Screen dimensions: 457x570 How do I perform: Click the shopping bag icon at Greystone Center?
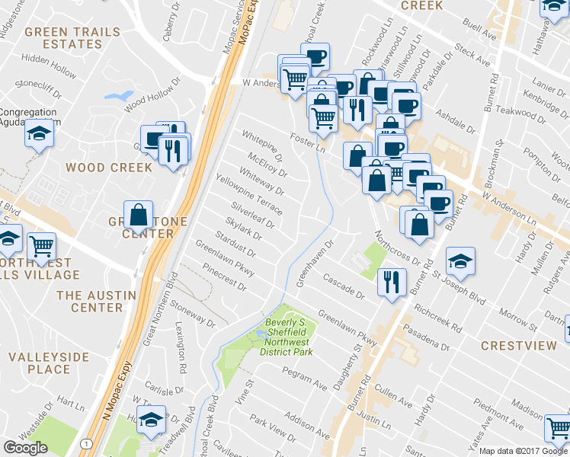[x=139, y=216]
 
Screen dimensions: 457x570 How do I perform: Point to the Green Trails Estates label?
[x=72, y=38]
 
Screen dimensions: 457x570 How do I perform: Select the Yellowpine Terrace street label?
[x=249, y=194]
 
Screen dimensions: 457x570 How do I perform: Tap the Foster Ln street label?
[x=308, y=141]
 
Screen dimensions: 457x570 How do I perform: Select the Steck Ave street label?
[x=472, y=52]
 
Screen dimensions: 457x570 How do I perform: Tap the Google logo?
[x=25, y=448]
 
